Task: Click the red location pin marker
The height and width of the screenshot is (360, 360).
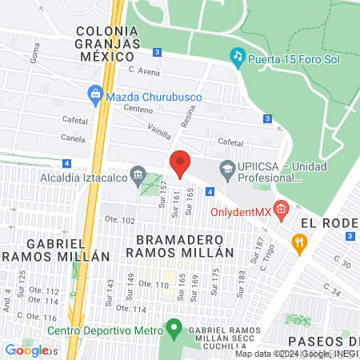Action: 180,162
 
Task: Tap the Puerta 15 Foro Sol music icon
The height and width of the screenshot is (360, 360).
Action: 237,55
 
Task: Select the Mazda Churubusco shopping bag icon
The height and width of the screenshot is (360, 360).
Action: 95,94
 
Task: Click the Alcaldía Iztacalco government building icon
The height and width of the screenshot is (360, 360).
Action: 138,173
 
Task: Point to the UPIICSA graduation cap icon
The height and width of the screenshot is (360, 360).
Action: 227,168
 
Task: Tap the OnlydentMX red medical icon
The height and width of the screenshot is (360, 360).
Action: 280,210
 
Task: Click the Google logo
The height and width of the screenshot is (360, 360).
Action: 26,350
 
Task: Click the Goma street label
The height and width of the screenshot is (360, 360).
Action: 34,54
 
